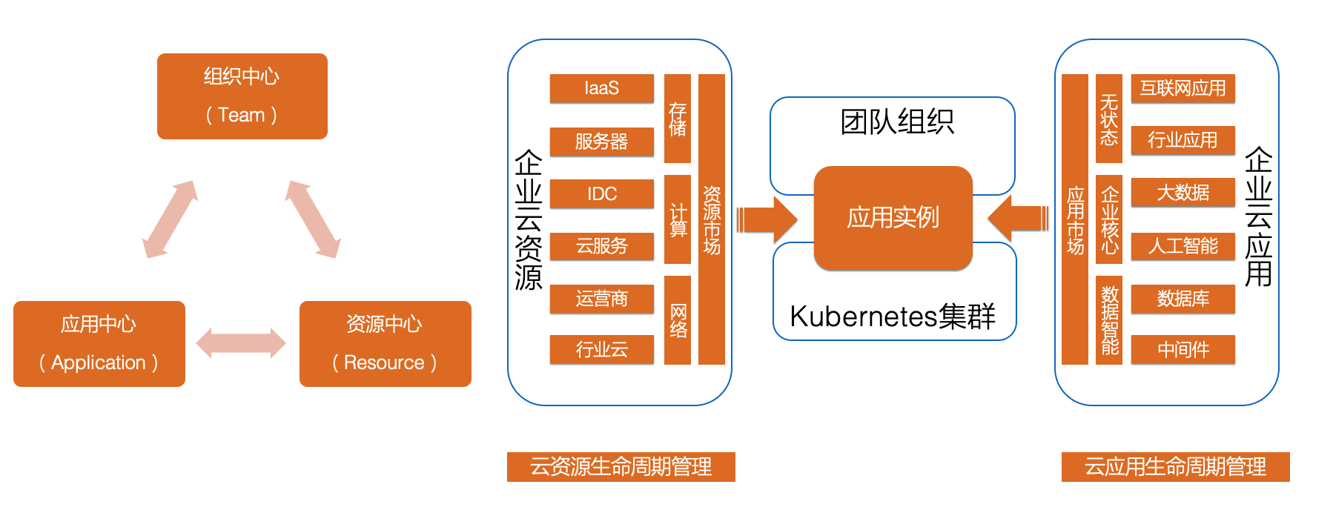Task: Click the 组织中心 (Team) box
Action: pyautogui.click(x=242, y=96)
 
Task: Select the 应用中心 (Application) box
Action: pyautogui.click(x=99, y=343)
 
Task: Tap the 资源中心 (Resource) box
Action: pyautogui.click(x=385, y=343)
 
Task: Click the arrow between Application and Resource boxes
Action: pyautogui.click(x=241, y=343)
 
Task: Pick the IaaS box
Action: pyautogui.click(x=601, y=88)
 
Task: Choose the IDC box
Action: pyautogui.click(x=601, y=193)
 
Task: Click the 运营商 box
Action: pyautogui.click(x=601, y=298)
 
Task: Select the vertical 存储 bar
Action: pyautogui.click(x=677, y=119)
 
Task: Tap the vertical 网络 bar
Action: pyautogui.click(x=677, y=319)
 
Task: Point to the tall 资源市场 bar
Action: pyautogui.click(x=712, y=219)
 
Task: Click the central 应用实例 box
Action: pyautogui.click(x=893, y=217)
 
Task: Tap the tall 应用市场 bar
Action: pyautogui.click(x=1075, y=219)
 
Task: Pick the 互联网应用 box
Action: pyautogui.click(x=1182, y=88)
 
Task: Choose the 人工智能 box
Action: pyautogui.click(x=1182, y=245)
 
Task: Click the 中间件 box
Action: pyautogui.click(x=1182, y=349)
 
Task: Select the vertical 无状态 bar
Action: pyautogui.click(x=1108, y=119)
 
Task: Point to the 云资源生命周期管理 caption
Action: pyautogui.click(x=621, y=467)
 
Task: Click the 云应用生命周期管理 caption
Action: pyautogui.click(x=1175, y=467)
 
